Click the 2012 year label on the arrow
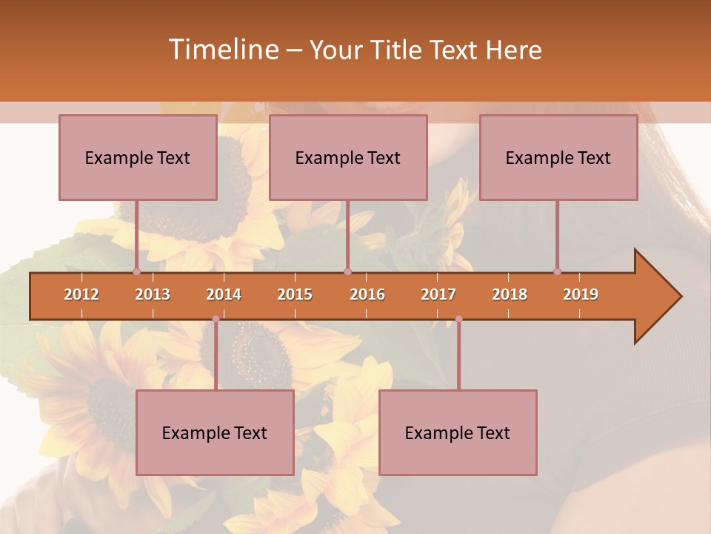click(81, 294)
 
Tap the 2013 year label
click(153, 294)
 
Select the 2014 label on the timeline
click(224, 294)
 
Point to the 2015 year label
click(295, 294)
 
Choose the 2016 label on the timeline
click(367, 294)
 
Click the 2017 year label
click(438, 294)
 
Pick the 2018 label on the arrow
click(510, 294)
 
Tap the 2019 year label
click(581, 294)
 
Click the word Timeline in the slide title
click(222, 50)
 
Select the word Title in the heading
click(397, 50)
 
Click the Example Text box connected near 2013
click(138, 157)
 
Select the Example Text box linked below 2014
click(215, 432)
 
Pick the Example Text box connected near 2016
click(348, 157)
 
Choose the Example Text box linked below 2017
click(458, 432)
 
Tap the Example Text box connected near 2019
click(558, 157)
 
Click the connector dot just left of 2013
click(136, 271)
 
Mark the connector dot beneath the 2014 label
click(216, 319)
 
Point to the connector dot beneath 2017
click(458, 319)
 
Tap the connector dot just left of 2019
click(557, 271)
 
